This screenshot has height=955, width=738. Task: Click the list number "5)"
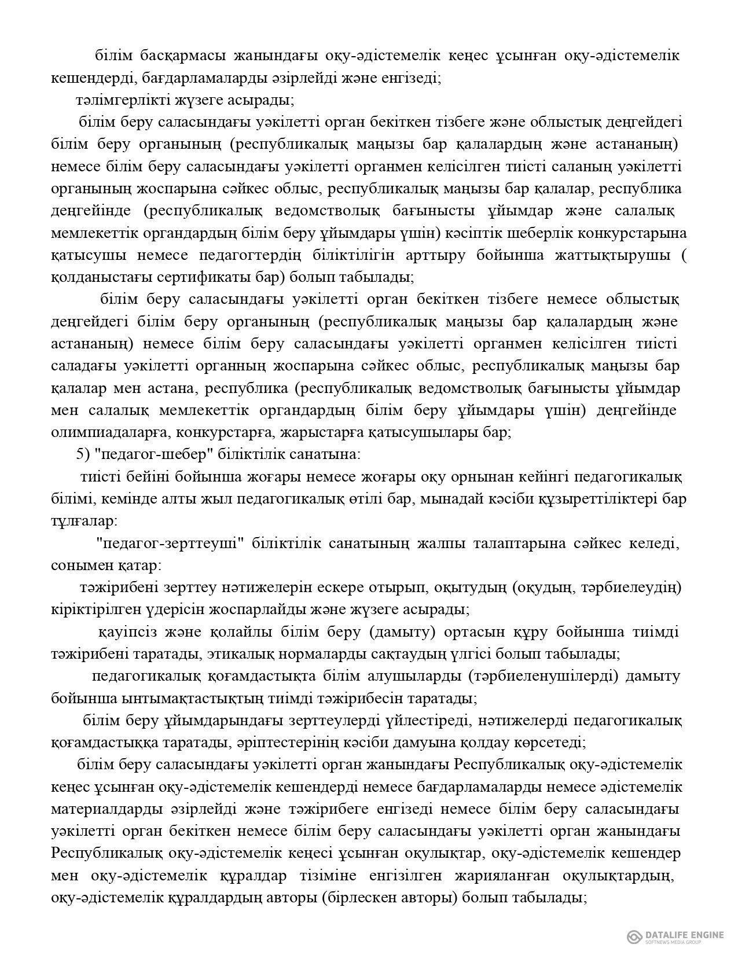coord(83,454)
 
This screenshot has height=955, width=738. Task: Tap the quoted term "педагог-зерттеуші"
coord(168,543)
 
